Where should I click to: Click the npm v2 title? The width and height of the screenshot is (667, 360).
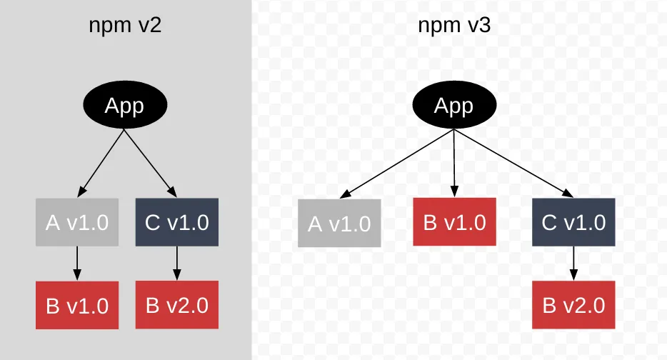coord(125,26)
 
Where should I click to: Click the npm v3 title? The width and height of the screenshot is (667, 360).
coord(453,26)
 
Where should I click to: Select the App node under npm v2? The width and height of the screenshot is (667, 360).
coord(125,106)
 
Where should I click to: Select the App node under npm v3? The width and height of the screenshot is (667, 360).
coord(453,106)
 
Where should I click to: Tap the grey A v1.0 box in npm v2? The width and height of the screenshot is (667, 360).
coord(77,222)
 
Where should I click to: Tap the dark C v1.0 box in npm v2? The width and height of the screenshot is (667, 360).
coord(176,222)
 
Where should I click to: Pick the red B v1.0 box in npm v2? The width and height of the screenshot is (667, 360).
coord(77,306)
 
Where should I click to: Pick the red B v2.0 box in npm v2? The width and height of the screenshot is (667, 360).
coord(176,306)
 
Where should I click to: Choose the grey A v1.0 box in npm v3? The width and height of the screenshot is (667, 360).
coord(339,224)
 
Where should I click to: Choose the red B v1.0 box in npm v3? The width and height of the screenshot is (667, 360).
coord(455,222)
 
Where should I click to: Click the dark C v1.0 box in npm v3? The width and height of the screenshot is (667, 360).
coord(573,222)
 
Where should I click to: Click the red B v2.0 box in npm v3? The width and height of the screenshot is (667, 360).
coord(573,306)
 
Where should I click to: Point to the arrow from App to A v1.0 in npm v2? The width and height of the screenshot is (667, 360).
coord(101,162)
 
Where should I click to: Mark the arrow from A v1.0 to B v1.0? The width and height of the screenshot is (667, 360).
coord(77,263)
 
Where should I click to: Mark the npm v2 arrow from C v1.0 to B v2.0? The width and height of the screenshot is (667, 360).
coord(176,263)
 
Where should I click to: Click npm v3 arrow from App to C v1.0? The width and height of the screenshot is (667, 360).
coord(513,162)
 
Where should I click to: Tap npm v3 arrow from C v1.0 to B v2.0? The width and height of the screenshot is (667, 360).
coord(573,263)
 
